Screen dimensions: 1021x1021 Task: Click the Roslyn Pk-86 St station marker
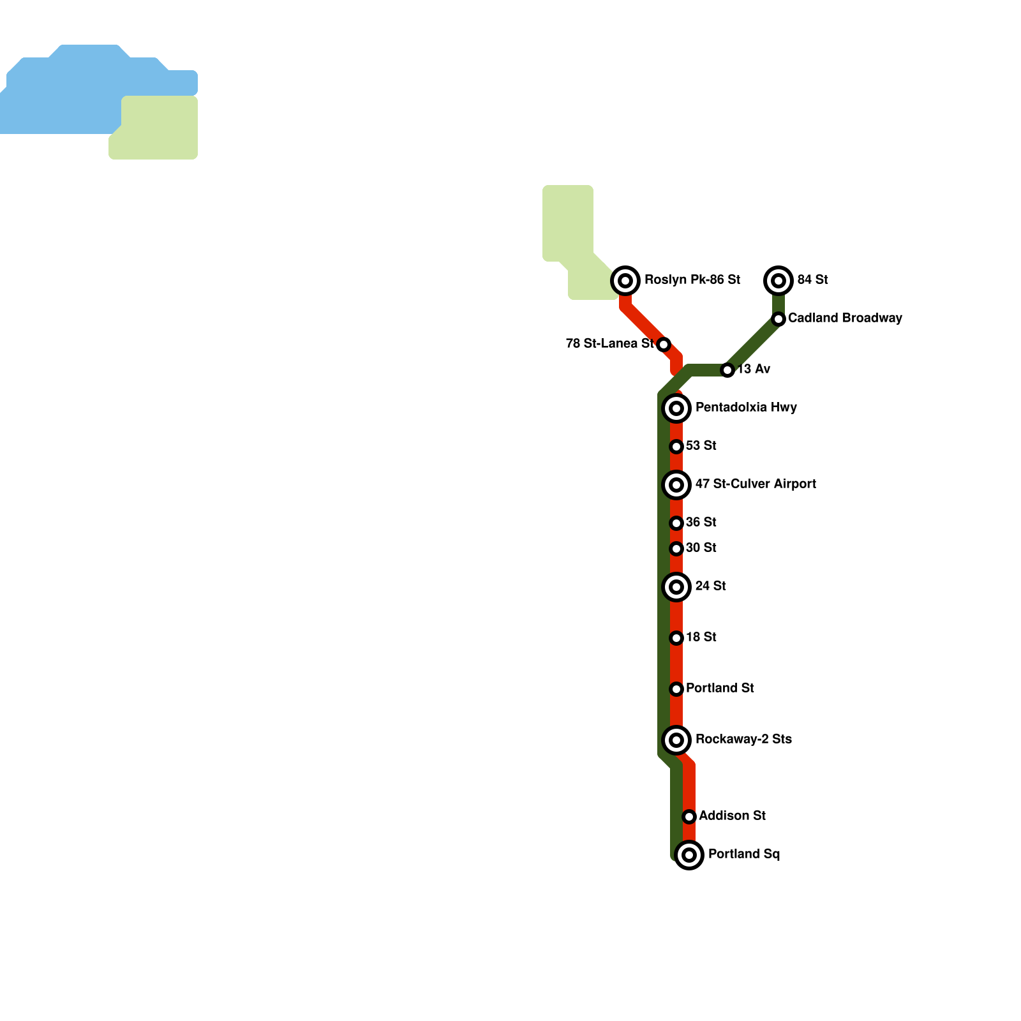click(x=625, y=280)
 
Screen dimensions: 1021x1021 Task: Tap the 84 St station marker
click(x=779, y=280)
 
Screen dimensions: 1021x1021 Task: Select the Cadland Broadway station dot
click(x=779, y=318)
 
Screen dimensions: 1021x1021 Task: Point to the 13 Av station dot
click(x=727, y=370)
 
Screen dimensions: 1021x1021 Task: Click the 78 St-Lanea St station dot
click(x=664, y=345)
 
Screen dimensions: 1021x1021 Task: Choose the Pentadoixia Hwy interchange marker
click(x=676, y=408)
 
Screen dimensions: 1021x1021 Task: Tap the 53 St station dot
click(x=676, y=447)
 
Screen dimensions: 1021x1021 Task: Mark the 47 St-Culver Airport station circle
click(x=676, y=484)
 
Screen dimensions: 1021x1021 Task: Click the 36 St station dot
click(x=676, y=523)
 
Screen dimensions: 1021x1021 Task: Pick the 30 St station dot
click(x=676, y=549)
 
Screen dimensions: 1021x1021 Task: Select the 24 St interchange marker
click(x=676, y=586)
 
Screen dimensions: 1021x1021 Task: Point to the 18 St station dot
click(x=676, y=638)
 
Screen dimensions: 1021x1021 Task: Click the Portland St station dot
click(x=676, y=689)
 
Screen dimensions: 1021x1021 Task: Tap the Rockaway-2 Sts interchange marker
click(x=676, y=740)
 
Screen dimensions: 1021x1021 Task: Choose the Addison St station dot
click(x=689, y=817)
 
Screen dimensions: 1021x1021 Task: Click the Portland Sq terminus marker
click(x=689, y=854)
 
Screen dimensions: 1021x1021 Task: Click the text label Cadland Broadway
click(x=845, y=318)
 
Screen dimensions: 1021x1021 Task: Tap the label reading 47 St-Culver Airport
click(x=756, y=484)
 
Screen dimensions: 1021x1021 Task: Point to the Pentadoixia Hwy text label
click(x=746, y=407)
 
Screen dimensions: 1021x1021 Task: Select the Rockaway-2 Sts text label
click(x=743, y=739)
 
